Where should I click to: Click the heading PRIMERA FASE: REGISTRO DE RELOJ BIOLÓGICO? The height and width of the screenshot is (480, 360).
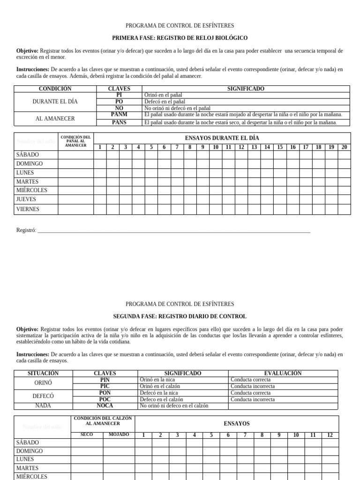coord(180,38)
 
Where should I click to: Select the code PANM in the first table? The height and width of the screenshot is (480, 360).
coord(119,115)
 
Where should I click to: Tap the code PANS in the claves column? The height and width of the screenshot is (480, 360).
coord(119,122)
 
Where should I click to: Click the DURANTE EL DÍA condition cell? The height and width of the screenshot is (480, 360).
coord(55,102)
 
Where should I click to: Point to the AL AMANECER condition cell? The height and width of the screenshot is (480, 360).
coord(55,119)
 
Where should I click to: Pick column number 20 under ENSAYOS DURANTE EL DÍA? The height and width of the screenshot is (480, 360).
coord(344,147)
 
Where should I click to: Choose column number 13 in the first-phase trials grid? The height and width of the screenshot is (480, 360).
coord(254,147)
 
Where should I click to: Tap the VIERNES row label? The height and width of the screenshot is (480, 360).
coord(28,210)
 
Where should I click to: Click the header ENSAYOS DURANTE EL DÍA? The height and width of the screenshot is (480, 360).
coord(222,138)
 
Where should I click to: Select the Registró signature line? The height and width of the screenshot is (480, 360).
coord(173,230)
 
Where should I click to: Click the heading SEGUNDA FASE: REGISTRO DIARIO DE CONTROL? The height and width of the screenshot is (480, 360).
coord(180,316)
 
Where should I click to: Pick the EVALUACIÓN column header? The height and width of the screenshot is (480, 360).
coord(283,374)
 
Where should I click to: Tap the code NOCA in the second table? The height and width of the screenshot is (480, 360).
coord(105,406)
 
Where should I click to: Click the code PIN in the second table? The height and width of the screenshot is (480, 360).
coord(105,380)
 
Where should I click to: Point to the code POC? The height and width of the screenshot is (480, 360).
coord(105,399)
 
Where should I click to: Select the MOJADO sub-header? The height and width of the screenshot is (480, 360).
coord(119,435)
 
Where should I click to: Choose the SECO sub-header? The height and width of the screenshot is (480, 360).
coord(87,435)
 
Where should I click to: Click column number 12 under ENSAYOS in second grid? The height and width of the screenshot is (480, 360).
coord(330,435)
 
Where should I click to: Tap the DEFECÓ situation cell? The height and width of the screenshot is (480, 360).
coord(43,396)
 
